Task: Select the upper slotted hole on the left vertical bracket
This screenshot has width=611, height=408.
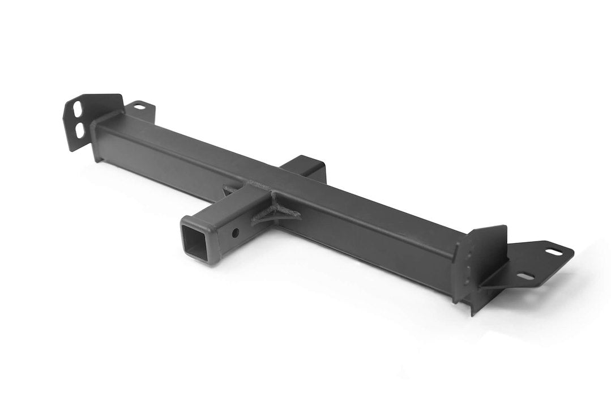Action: (76, 108)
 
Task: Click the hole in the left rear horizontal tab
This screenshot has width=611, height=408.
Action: (139, 105)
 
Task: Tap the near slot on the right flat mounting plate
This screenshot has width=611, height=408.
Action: (525, 276)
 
